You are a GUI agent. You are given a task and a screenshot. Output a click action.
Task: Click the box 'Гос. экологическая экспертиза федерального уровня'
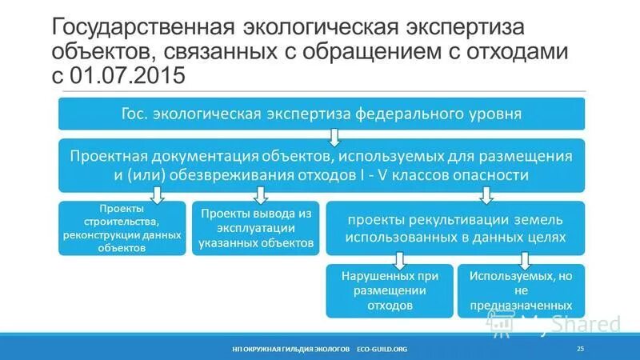click(320, 114)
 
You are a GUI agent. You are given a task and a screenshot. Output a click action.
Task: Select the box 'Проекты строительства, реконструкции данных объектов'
click(122, 228)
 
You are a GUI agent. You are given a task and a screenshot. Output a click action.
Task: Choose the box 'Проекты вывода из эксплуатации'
click(255, 228)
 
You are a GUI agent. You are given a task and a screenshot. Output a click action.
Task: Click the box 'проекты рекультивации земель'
click(454, 228)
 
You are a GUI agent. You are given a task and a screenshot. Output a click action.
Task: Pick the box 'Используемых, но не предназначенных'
click(521, 290)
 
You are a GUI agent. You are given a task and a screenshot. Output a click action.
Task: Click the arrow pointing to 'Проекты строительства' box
click(158, 194)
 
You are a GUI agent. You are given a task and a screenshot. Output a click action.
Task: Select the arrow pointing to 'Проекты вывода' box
click(259, 194)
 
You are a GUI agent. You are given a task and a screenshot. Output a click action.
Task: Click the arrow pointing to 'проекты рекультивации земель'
click(486, 194)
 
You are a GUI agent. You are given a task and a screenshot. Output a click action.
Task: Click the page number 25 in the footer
click(580, 348)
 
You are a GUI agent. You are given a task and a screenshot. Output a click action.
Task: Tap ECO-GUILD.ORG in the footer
click(382, 349)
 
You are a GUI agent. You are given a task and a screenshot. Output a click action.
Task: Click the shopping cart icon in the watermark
click(502, 323)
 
